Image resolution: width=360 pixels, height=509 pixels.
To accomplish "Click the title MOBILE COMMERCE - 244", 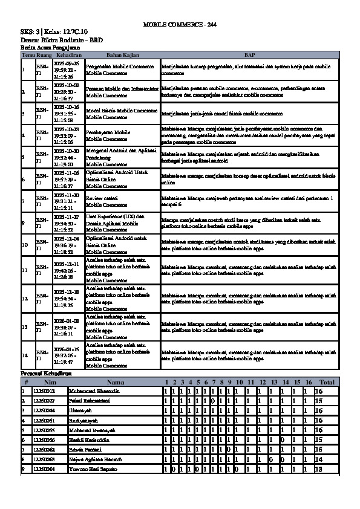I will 180,24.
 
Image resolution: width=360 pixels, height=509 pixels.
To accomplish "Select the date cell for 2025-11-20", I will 67,201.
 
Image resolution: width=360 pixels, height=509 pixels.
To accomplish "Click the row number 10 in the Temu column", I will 25,245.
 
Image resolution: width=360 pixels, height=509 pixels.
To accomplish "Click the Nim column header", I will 50,383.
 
